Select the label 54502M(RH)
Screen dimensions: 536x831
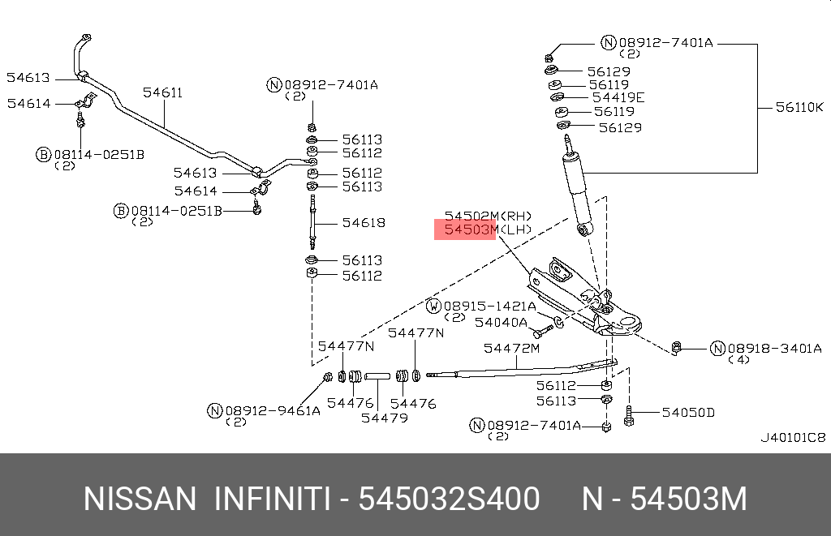pyautogui.click(x=488, y=216)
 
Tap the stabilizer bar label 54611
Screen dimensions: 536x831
pyautogui.click(x=163, y=92)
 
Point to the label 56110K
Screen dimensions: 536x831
pyautogui.click(x=799, y=107)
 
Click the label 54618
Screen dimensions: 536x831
pyautogui.click(x=363, y=222)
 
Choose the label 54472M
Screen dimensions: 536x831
pyautogui.click(x=511, y=349)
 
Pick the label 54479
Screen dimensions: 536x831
pyautogui.click(x=385, y=418)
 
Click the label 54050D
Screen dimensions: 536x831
pyautogui.click(x=687, y=413)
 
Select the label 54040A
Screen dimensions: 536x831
pyautogui.click(x=501, y=322)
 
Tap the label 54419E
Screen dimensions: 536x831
pyautogui.click(x=618, y=97)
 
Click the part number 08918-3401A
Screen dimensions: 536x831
pyautogui.click(x=773, y=349)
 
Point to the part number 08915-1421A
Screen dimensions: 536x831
pyautogui.click(x=489, y=307)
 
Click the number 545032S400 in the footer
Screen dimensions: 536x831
pyautogui.click(x=450, y=500)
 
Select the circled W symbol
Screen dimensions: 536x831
pyautogui.click(x=434, y=307)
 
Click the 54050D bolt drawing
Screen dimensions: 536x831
pyautogui.click(x=628, y=414)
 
